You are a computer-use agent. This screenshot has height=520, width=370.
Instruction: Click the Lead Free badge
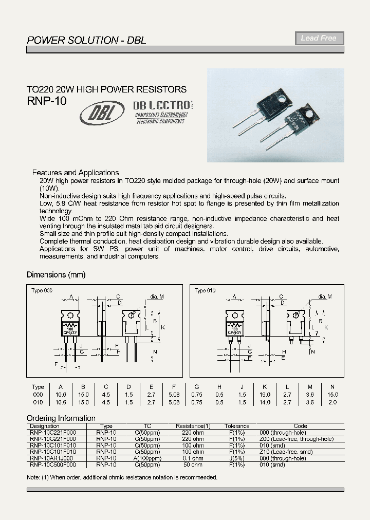tap(319, 38)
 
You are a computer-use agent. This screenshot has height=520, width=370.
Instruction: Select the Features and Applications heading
tap(76, 173)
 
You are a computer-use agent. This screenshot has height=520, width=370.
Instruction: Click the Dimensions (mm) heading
tap(56, 274)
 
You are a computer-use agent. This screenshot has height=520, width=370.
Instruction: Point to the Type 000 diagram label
tap(42, 291)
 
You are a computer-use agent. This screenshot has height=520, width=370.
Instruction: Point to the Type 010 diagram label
tap(205, 291)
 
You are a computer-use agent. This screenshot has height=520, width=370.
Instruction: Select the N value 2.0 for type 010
tap(332, 402)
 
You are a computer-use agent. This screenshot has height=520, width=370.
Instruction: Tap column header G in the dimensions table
tap(196, 387)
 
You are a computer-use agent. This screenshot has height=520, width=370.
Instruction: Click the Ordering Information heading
tap(61, 418)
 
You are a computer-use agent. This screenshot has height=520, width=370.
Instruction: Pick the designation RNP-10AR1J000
tap(51, 458)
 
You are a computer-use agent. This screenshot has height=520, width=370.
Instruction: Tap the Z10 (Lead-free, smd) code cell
tap(300, 452)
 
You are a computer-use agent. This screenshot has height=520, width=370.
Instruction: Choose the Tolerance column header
tap(237, 426)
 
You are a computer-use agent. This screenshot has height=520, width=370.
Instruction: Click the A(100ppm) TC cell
tap(147, 458)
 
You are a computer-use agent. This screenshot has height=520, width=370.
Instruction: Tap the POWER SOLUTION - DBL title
tap(86, 40)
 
